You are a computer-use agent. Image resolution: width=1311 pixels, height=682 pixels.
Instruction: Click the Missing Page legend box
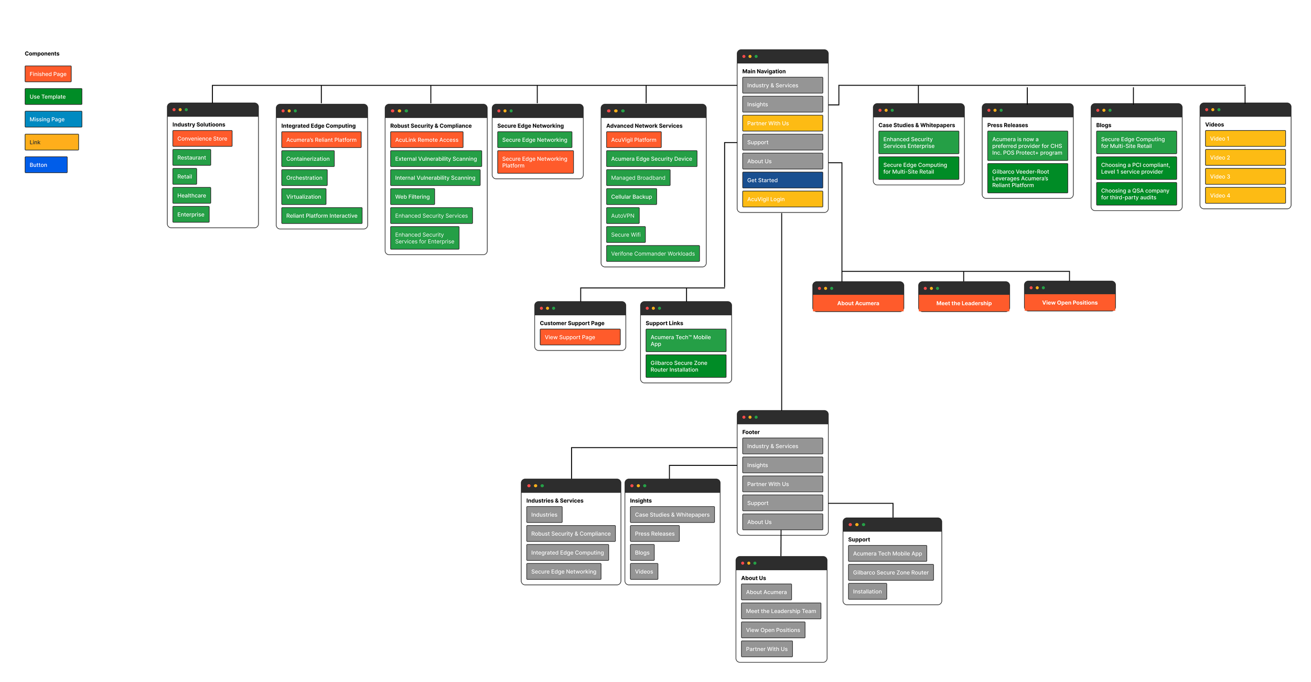[x=53, y=119]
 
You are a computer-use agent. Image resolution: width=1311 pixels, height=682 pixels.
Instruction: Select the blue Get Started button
[x=782, y=180]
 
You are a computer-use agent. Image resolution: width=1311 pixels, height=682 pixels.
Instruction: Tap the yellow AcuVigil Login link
[x=782, y=199]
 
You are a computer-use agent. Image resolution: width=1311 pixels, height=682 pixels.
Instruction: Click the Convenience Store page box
[x=202, y=138]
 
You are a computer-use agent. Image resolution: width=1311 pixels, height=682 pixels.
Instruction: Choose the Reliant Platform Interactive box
[x=321, y=216]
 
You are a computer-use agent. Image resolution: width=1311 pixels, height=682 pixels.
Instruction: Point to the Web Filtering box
[x=412, y=197]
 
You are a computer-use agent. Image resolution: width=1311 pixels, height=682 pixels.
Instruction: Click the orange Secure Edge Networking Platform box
[x=535, y=162]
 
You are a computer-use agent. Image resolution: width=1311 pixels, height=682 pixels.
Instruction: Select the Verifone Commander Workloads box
[x=652, y=254]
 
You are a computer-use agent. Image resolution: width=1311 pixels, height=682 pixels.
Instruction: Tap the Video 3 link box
[x=1244, y=176]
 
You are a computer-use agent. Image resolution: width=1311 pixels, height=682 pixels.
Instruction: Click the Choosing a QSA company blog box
[x=1136, y=194]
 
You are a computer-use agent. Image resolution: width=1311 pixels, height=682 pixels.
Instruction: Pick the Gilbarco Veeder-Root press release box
[x=1027, y=178]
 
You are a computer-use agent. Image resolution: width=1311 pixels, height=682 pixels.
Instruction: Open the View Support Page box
[x=579, y=337]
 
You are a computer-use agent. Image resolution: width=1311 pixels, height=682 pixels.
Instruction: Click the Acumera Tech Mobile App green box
[x=685, y=340]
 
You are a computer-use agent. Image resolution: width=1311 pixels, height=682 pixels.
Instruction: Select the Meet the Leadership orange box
[x=963, y=303]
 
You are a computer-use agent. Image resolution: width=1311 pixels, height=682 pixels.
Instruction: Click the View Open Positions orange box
[x=1069, y=303]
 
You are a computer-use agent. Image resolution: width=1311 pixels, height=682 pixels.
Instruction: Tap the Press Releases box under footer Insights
[x=654, y=534]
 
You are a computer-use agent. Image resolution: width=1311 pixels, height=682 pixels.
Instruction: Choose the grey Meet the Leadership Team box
[x=780, y=611]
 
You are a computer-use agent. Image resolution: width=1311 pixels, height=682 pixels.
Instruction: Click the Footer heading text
[x=750, y=432]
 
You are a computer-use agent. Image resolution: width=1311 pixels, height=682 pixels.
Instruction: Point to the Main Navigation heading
[x=764, y=71]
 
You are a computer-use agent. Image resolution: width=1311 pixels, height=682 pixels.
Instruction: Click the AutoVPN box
[x=622, y=216]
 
